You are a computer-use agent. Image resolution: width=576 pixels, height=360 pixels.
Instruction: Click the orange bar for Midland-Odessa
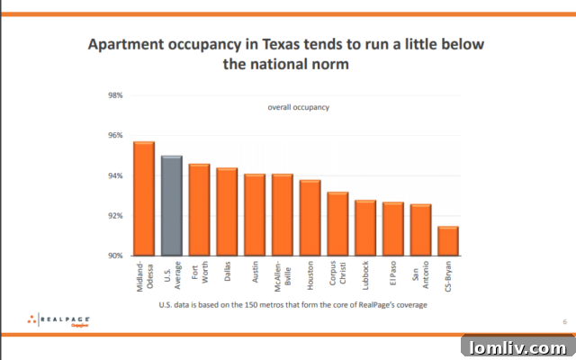tap(144, 199)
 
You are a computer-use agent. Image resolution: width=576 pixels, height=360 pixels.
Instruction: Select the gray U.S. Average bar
tap(172, 206)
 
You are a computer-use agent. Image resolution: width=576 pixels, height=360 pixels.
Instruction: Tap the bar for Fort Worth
tap(199, 210)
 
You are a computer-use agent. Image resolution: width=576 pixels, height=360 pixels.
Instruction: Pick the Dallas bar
tap(227, 211)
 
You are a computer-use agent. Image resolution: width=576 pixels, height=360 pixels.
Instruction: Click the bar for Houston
tap(310, 218)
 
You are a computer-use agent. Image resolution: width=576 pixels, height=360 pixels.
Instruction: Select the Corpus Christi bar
tap(337, 224)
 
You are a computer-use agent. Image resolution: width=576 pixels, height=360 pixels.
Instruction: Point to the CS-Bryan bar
tap(448, 241)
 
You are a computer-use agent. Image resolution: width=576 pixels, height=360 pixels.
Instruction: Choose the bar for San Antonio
tap(420, 230)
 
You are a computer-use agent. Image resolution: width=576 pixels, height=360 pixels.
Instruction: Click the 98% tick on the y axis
tap(115, 95)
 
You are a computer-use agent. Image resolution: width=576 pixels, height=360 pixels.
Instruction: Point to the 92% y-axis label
tap(115, 216)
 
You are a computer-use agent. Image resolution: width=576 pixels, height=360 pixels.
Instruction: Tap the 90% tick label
tap(115, 256)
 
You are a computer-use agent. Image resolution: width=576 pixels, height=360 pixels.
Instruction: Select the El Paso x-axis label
tap(393, 274)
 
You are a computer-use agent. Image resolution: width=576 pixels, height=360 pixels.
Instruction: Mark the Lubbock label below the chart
tap(365, 275)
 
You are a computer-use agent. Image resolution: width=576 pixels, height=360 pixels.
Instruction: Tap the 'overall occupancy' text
tap(298, 107)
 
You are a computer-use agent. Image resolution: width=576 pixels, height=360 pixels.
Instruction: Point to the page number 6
tap(564, 321)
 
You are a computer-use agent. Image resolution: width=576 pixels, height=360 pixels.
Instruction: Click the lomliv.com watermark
tap(517, 346)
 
